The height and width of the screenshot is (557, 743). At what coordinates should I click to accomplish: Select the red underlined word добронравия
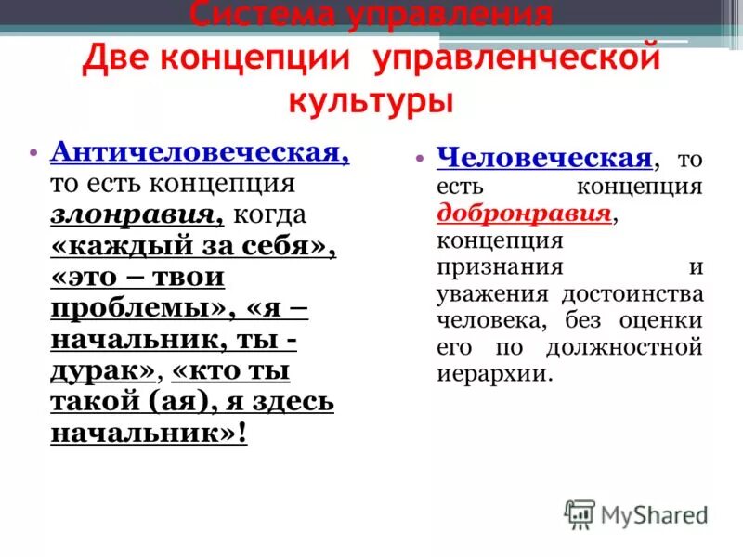click(x=525, y=213)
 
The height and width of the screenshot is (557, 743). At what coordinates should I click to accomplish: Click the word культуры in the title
click(x=371, y=99)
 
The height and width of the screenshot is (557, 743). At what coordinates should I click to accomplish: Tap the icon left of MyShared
click(x=580, y=514)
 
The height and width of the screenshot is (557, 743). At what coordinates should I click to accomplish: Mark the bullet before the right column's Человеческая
click(x=421, y=158)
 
